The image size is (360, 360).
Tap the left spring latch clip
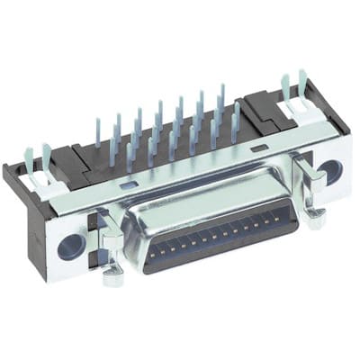109,236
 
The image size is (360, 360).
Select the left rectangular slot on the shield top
128,184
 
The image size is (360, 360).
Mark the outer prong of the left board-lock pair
26,158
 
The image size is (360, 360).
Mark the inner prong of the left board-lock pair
46,158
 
